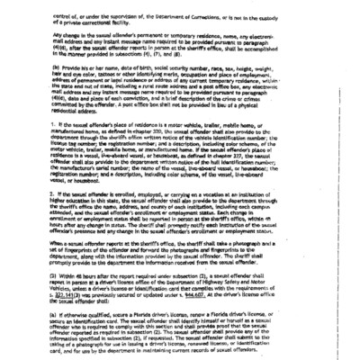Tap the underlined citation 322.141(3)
tap(70, 321)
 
